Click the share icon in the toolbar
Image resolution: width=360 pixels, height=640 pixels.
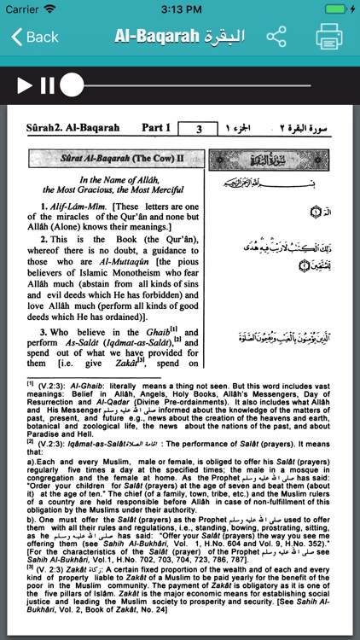(276, 37)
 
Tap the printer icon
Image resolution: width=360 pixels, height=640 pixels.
(329, 37)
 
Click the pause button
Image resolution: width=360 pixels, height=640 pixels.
(47, 84)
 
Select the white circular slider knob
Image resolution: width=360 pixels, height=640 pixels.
(73, 84)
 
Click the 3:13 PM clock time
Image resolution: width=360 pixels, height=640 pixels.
(180, 9)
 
